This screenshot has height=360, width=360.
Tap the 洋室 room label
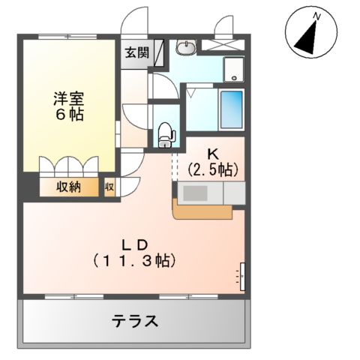(67, 97)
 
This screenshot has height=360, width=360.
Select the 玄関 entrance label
(136, 53)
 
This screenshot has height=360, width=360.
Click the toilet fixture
(166, 133)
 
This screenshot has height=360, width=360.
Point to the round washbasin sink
(185, 49)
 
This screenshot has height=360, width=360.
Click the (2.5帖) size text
(213, 169)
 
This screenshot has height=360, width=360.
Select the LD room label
(135, 244)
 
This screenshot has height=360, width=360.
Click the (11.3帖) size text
(135, 262)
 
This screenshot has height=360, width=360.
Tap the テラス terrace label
(136, 321)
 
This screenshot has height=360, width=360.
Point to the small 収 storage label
(109, 187)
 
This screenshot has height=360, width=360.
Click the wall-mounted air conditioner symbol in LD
(241, 275)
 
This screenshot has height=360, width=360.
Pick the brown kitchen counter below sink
(202, 211)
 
